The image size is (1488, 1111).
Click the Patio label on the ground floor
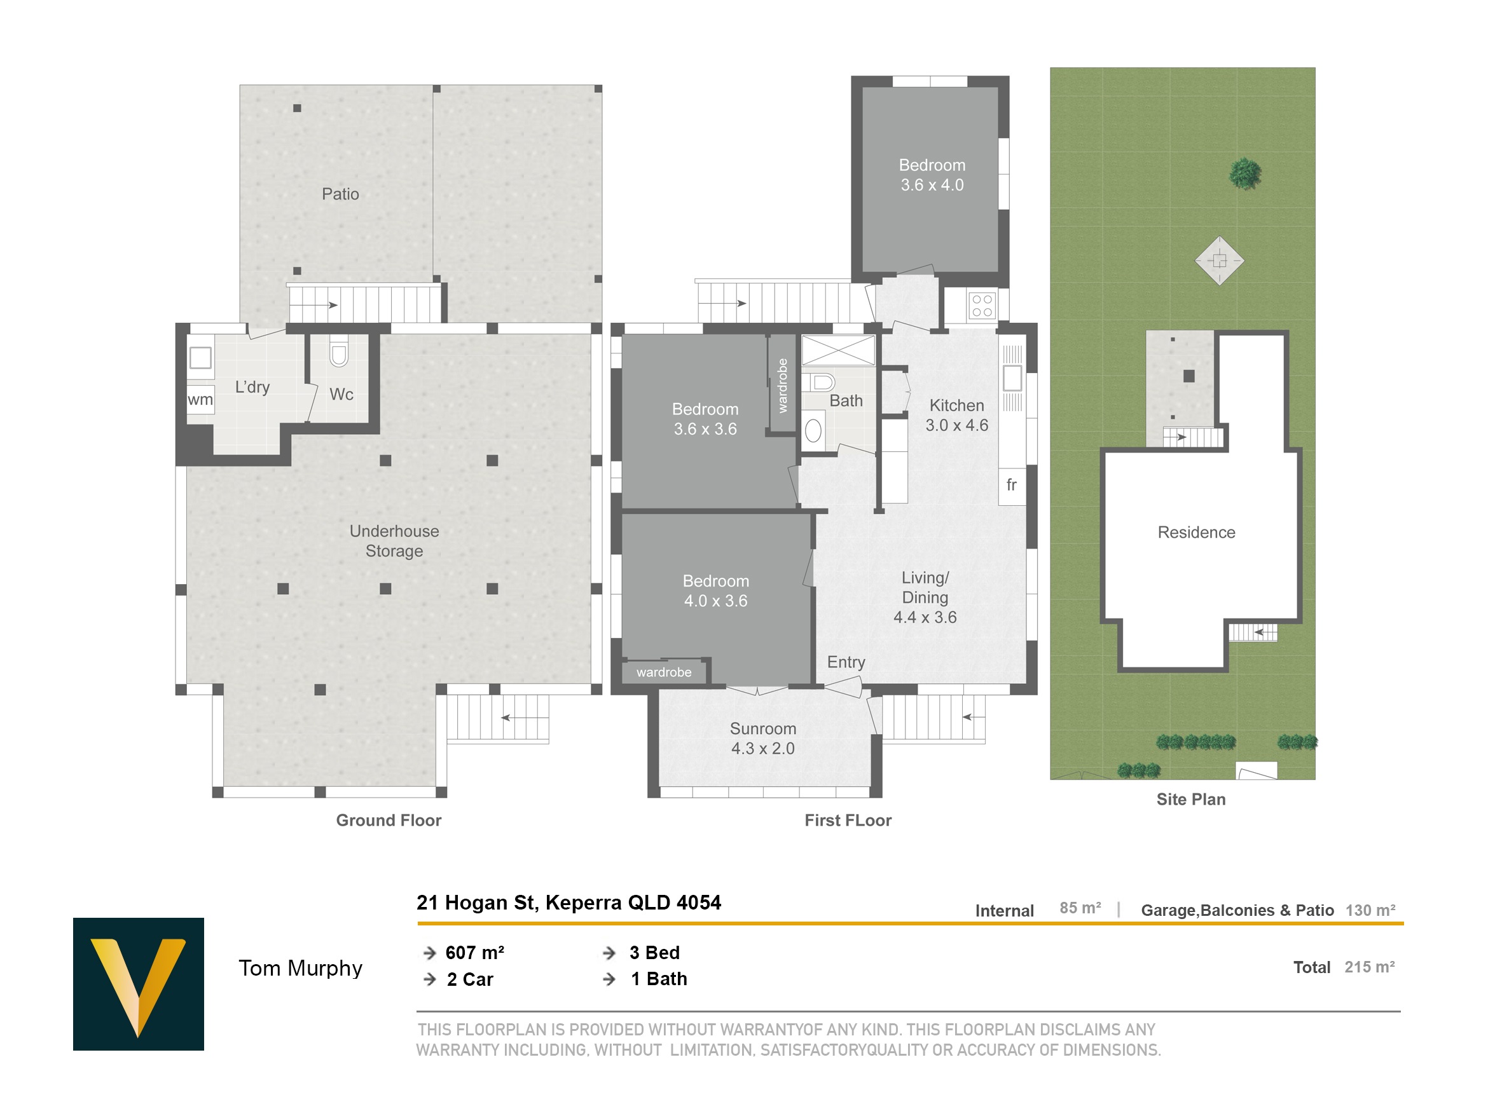tap(340, 194)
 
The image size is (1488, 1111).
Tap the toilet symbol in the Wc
tap(339, 354)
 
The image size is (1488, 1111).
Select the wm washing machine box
tap(200, 400)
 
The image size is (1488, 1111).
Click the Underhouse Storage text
tap(394, 541)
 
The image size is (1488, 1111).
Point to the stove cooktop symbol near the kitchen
tap(982, 306)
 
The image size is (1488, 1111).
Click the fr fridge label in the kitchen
tap(1011, 485)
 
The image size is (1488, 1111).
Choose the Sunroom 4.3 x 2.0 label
tap(763, 739)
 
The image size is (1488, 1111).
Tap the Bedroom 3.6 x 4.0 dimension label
tap(932, 175)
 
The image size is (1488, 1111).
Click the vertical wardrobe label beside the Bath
tap(782, 385)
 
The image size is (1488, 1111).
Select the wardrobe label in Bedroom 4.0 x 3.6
tap(664, 672)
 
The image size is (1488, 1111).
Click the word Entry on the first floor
tap(846, 662)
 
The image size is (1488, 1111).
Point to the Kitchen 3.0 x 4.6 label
tap(956, 416)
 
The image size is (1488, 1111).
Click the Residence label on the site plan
tap(1196, 533)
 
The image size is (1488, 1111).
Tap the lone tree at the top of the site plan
tap(1244, 174)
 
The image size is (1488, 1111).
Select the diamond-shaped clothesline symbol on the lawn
tap(1219, 260)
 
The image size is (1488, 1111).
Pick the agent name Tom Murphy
tap(301, 969)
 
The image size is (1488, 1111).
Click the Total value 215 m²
tap(1370, 967)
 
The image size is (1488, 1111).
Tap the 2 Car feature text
tap(470, 980)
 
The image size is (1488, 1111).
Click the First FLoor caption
tap(848, 821)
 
